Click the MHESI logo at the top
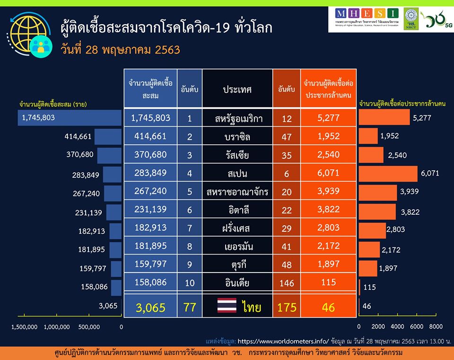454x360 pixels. (367, 16)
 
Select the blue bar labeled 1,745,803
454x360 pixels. (70, 118)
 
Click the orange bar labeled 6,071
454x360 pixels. (388, 173)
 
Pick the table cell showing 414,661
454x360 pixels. (150, 137)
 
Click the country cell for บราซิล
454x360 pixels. (237, 137)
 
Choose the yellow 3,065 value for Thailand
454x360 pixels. (150, 307)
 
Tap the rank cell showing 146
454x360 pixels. (287, 283)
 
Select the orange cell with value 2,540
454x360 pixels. (328, 155)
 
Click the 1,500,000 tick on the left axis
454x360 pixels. (24, 327)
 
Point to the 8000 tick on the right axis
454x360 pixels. (436, 327)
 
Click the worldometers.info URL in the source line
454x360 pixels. (282, 340)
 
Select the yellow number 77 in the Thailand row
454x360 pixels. (190, 307)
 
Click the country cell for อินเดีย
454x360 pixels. (237, 283)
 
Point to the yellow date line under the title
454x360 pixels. (121, 49)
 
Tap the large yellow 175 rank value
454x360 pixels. (287, 307)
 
